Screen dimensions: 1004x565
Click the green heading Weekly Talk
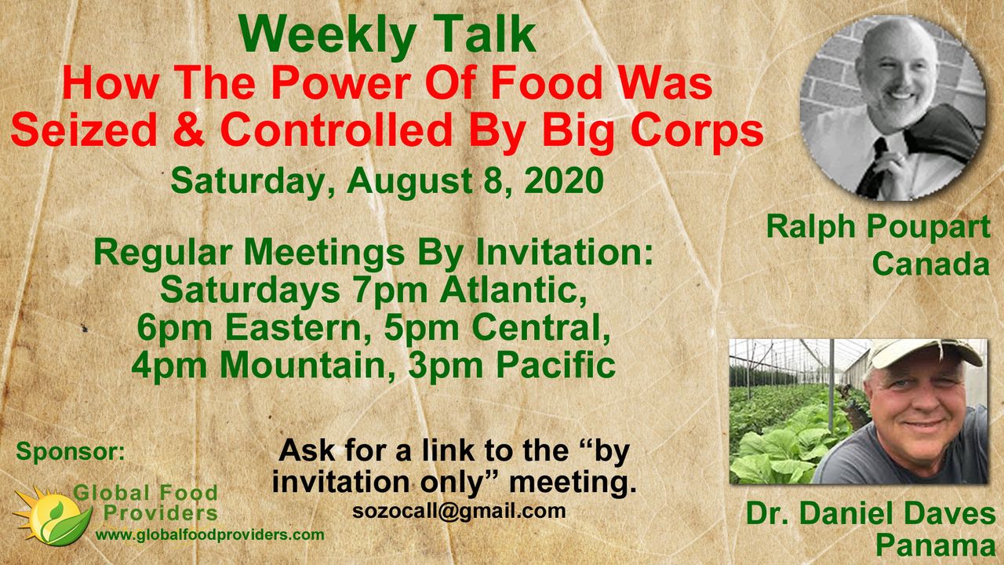(x=387, y=36)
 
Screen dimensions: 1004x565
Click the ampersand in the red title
(x=189, y=129)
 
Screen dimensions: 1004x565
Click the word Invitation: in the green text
(x=564, y=253)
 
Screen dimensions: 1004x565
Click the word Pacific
(x=556, y=366)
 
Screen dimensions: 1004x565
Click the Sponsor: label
(x=71, y=451)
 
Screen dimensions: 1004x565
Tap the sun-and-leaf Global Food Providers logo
(x=52, y=516)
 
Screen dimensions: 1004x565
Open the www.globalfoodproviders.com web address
(x=209, y=534)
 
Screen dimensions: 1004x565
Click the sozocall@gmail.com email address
(x=459, y=512)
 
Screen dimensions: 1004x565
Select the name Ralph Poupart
(x=878, y=228)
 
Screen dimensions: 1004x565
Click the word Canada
(x=931, y=264)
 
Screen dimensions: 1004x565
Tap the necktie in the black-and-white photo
(x=873, y=167)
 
